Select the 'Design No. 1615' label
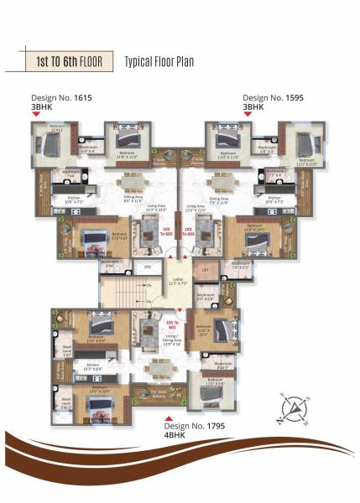pos(60,98)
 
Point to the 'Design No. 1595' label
pos(273,98)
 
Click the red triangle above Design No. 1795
pos(168,417)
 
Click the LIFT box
pos(205,270)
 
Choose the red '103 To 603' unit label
pos(190,232)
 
